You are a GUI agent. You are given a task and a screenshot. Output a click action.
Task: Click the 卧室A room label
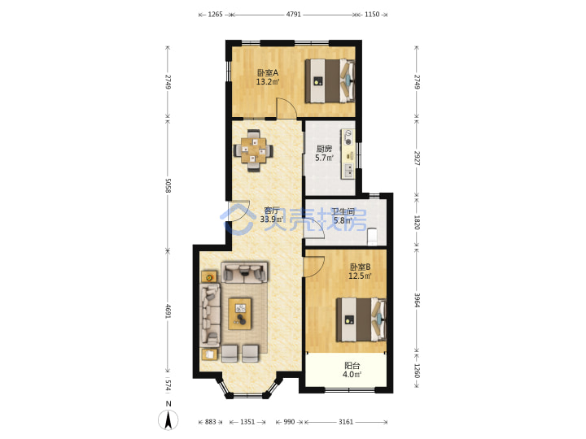point(267,73)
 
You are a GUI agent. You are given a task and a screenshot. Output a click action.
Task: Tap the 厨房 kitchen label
point(324,149)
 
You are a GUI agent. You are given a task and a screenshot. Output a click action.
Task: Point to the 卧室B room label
point(360,267)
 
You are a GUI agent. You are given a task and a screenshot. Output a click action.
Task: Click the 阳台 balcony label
point(352,366)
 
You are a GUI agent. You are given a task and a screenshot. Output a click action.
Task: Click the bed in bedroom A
point(330,81)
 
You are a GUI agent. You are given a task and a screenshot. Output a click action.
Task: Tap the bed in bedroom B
point(361,319)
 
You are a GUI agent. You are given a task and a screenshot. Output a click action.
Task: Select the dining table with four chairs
point(253,150)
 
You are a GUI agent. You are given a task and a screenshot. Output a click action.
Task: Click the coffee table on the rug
point(239,314)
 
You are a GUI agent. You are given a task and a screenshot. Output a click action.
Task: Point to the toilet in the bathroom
point(373,237)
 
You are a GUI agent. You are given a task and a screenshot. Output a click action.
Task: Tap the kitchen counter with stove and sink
point(348,154)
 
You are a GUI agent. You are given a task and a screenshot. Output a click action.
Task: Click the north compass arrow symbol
point(168,420)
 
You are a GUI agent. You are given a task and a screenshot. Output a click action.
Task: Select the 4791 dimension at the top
point(293,15)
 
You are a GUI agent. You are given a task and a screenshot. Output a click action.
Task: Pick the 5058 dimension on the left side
point(168,185)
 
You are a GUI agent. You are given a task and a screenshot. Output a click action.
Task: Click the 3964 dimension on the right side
point(417,300)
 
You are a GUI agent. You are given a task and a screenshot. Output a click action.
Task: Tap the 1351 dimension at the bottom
point(247,422)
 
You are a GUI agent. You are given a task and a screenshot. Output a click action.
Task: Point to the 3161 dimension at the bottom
point(346,422)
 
